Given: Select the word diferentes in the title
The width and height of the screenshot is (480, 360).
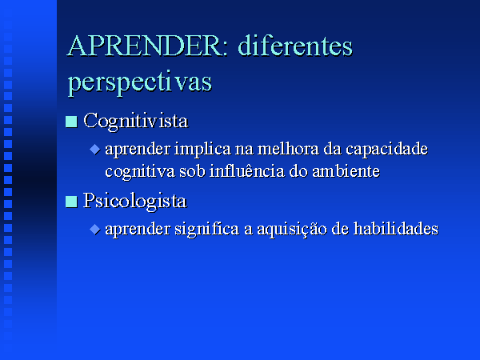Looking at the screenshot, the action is [295, 46].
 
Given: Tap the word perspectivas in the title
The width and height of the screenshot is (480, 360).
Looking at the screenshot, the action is [139, 82].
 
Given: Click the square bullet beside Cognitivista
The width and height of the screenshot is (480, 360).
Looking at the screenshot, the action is [71, 122].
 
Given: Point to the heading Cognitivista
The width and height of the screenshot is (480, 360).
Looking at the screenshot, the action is [136, 122].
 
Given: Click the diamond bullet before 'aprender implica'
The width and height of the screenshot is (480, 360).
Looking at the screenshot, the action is [95, 150].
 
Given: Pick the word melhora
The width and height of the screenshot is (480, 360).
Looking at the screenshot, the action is [288, 149].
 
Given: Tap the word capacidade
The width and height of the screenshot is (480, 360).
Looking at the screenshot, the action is [386, 150].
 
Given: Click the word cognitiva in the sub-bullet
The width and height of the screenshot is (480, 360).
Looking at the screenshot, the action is [140, 172].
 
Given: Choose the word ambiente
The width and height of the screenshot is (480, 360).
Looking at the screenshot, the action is [346, 171].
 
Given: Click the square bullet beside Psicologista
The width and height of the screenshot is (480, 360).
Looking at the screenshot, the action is [71, 202].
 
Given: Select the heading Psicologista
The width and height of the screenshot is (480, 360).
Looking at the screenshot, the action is [135, 202].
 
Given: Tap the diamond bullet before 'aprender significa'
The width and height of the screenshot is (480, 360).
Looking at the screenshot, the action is [95, 229].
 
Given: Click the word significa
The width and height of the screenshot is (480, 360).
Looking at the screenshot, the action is [207, 230].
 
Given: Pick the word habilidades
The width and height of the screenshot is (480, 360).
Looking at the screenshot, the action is [396, 229].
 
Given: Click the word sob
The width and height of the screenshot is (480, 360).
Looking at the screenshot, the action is [192, 171].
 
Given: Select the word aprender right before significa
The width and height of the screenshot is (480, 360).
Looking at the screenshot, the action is [138, 230].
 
